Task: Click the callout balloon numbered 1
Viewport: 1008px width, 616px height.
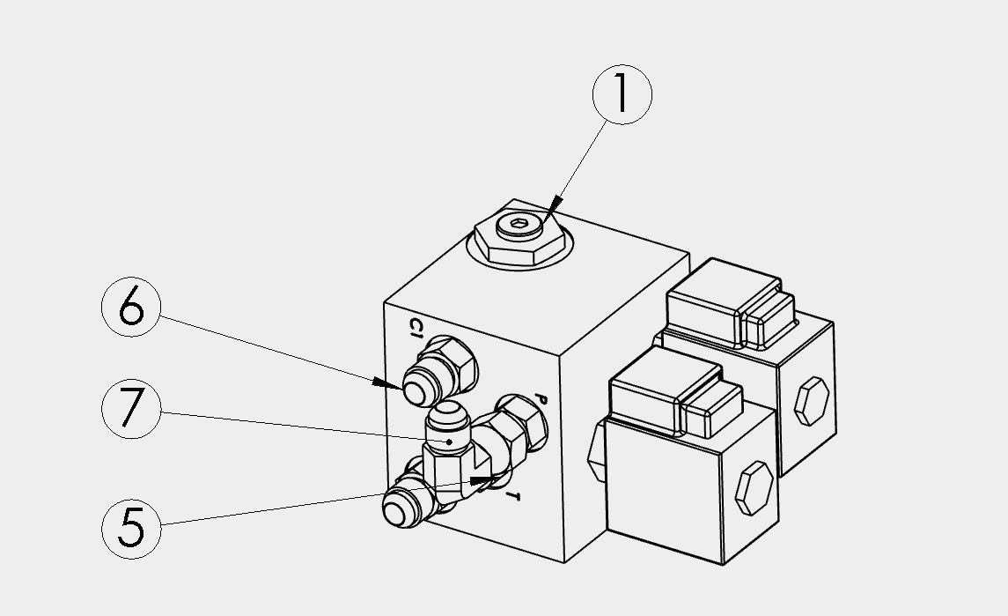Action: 622,94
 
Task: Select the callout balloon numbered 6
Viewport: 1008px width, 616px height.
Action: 131,307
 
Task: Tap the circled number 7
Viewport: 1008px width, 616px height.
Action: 131,409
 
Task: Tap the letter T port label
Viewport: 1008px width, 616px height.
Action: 512,495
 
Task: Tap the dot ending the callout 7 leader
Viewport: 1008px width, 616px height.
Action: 449,442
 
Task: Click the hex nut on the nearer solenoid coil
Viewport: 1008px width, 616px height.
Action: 754,488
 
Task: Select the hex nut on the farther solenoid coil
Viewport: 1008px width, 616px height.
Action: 812,402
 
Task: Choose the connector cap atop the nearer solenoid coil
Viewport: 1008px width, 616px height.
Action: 675,393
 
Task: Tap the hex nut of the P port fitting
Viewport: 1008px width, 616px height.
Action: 522,421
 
